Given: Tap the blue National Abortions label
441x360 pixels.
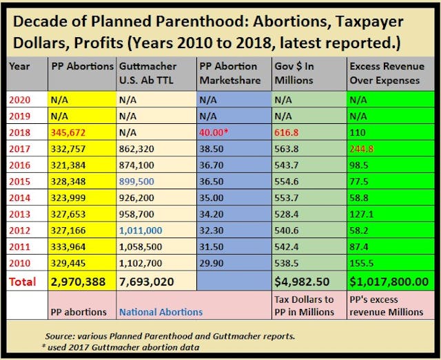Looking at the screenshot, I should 162,312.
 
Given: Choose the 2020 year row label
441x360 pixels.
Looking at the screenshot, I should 20,100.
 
